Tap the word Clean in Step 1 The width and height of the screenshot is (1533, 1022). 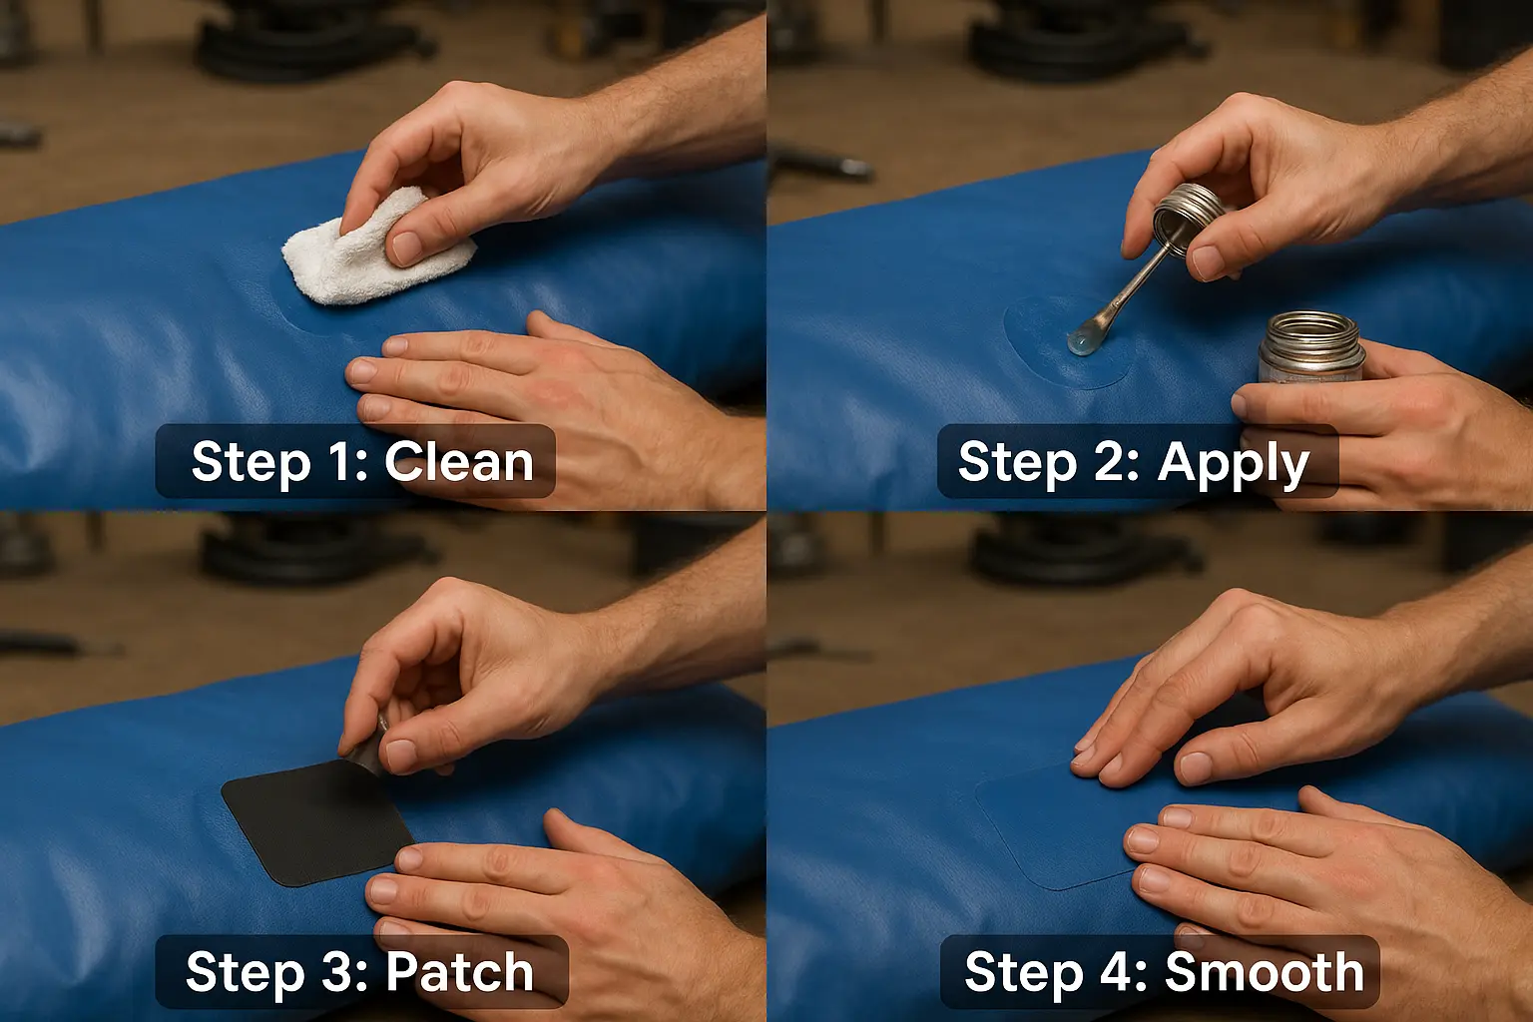click(458, 462)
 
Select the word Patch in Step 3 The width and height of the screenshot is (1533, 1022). click(460, 971)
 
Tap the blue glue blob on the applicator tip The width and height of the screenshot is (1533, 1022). click(1081, 340)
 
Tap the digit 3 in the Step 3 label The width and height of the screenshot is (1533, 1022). click(346, 971)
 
